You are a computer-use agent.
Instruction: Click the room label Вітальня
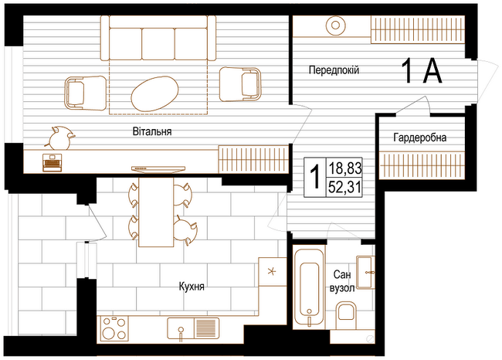click(152, 131)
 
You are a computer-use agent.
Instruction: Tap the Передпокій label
click(334, 70)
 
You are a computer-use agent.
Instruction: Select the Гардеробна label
click(419, 138)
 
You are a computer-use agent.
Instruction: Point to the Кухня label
click(192, 286)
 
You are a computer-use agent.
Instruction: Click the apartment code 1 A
click(422, 71)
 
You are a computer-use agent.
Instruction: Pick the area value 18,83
click(344, 168)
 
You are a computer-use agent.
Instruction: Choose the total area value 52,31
click(344, 188)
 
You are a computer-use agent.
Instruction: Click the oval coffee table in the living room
click(154, 93)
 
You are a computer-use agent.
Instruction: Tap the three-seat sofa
click(158, 38)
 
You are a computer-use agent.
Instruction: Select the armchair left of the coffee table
click(86, 93)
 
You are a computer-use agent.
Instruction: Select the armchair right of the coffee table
click(239, 84)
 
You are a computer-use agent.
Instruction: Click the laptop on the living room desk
click(53, 162)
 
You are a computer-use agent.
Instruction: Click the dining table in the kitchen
click(156, 212)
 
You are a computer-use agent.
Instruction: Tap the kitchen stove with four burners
click(114, 328)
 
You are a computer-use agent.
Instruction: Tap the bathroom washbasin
click(365, 273)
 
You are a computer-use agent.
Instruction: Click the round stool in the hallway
click(335, 25)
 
